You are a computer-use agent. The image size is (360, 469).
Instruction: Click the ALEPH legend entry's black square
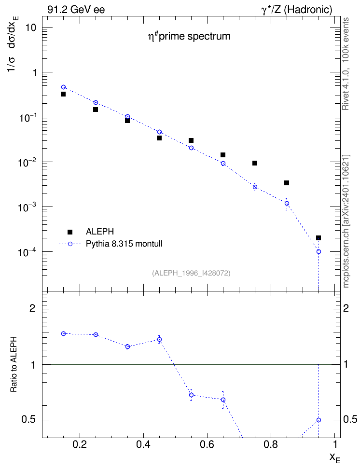pos(70,232)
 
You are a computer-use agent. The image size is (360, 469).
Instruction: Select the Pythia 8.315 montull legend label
pos(124,244)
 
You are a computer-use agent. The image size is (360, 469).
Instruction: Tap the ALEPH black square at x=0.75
pos(255,163)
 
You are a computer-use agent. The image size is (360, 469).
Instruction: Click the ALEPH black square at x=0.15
pos(63,94)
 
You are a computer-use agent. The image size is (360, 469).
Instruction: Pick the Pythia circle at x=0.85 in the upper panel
pos(287,204)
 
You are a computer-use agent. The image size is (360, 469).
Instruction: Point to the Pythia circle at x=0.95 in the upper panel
pos(318,251)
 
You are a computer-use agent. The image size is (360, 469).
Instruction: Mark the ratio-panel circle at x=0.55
pos(191,395)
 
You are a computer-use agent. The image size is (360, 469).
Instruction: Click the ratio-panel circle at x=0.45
pos(160,340)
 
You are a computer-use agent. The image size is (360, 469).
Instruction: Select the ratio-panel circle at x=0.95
pos(318,420)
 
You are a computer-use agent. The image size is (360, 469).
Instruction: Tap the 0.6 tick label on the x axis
pos(207,444)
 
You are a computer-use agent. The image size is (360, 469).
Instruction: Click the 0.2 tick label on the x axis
pos(80,444)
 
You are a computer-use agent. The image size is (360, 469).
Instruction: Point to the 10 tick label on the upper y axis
pos(30,28)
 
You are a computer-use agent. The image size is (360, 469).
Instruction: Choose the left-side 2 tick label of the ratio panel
pos(32,308)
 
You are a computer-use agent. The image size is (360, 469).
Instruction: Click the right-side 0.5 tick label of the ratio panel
pos(350,419)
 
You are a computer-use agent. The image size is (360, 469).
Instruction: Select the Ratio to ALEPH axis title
pos(14,364)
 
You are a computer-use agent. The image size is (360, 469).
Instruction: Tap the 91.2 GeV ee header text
pos(76,10)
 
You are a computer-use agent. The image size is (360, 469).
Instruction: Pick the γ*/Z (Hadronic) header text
pos(297,10)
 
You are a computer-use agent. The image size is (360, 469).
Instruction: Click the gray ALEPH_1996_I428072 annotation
pos(191,273)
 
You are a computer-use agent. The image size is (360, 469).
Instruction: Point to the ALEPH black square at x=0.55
pos(191,140)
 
